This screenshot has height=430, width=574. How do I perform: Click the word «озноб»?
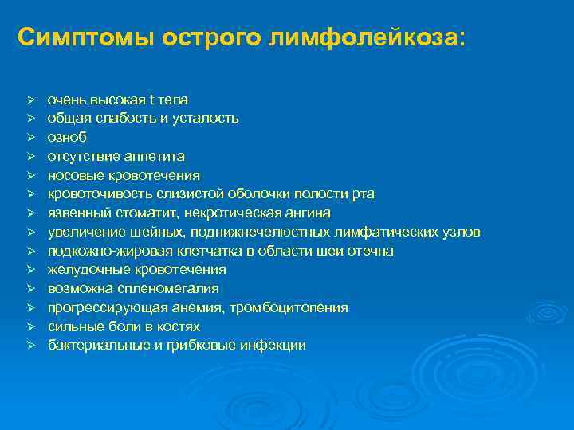click(x=65, y=137)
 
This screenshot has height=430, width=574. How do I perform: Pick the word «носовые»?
click(x=73, y=175)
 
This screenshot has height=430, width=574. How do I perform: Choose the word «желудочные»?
click(x=82, y=270)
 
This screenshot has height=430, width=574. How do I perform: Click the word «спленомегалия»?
click(x=162, y=288)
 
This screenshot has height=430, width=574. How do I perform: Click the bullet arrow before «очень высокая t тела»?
click(x=28, y=100)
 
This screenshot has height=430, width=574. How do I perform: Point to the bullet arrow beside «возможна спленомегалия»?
click(x=28, y=288)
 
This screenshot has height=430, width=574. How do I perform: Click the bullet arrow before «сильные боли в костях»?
click(x=28, y=326)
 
